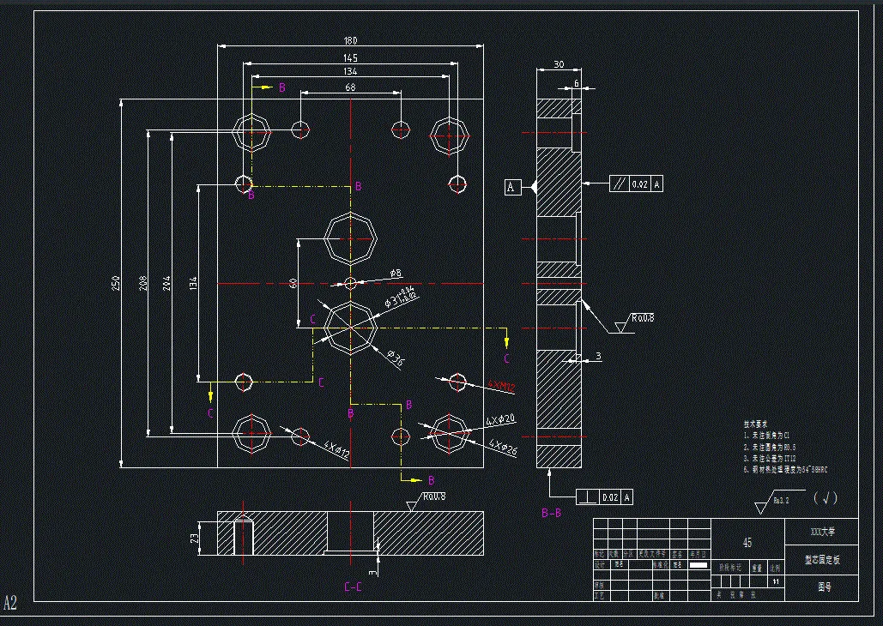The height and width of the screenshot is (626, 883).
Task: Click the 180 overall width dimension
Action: [x=350, y=40]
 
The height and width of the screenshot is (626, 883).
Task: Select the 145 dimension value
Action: [x=350, y=57]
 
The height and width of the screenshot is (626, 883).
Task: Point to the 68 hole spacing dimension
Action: [x=350, y=87]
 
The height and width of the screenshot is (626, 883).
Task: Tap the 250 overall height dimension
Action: [x=116, y=284]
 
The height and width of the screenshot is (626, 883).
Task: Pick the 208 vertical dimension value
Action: [x=141, y=284]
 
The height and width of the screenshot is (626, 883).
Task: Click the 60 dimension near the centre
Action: [x=293, y=282]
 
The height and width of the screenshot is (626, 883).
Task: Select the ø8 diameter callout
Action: [x=395, y=274]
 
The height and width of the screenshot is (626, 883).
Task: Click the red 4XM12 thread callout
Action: [x=501, y=387]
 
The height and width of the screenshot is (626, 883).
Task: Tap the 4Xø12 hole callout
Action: [x=336, y=448]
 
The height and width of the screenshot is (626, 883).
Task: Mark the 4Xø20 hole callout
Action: [x=500, y=420]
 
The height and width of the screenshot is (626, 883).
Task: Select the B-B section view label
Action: [x=551, y=513]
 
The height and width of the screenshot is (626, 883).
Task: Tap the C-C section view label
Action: [x=352, y=587]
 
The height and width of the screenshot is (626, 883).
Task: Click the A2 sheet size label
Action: [x=10, y=602]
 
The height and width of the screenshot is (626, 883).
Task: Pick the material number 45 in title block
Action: [x=747, y=543]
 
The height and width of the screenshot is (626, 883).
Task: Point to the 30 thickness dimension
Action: [x=559, y=65]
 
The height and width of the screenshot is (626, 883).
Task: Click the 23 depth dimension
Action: [x=194, y=539]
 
